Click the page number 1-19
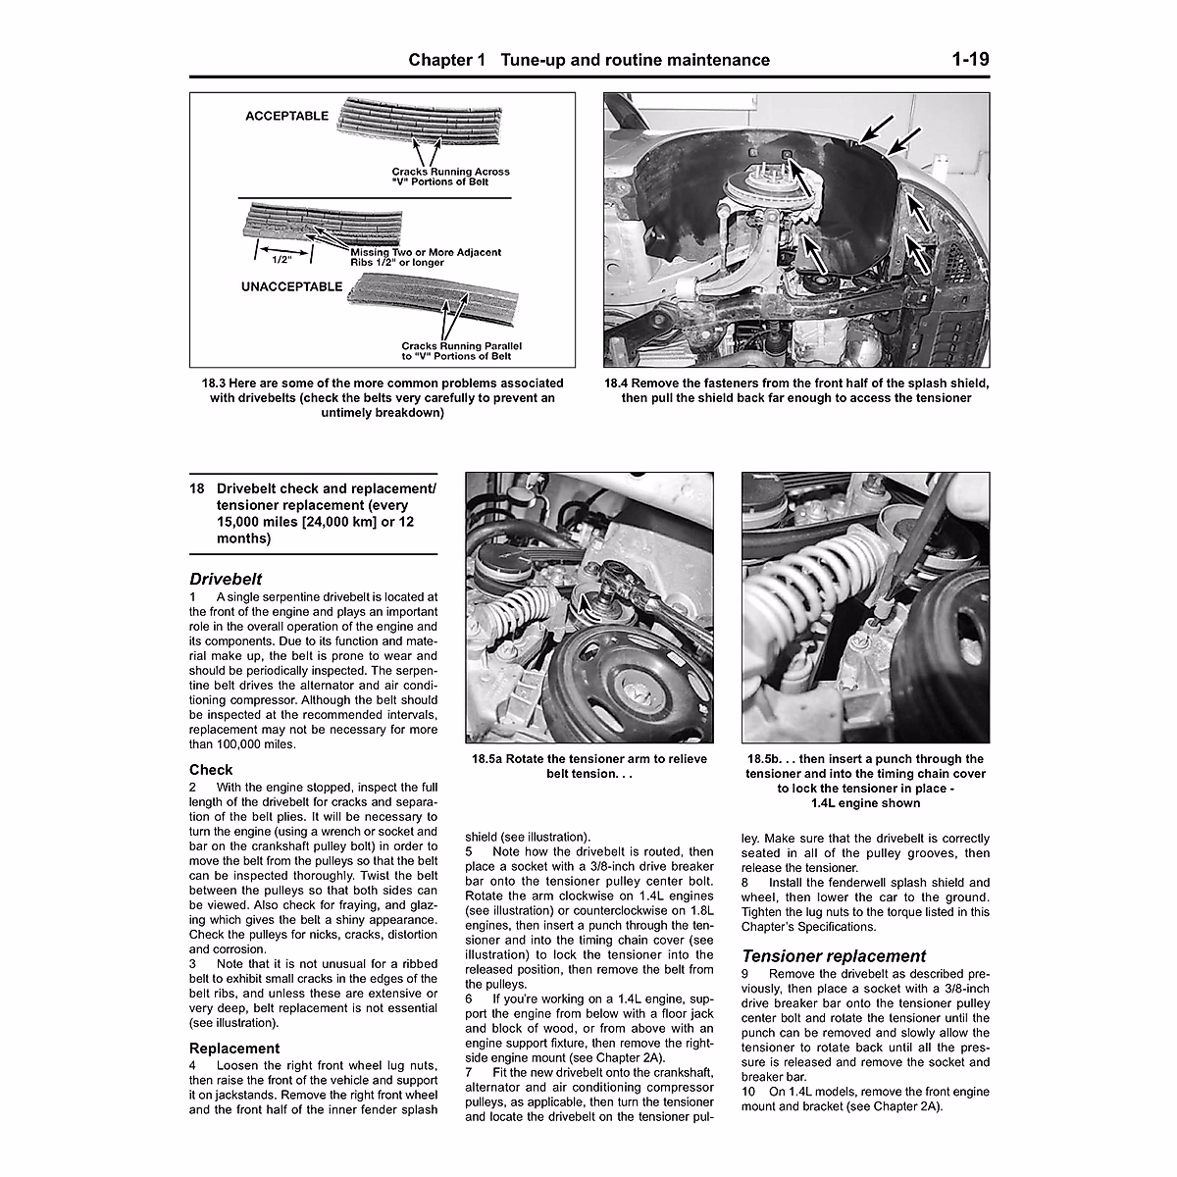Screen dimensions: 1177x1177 tap(969, 60)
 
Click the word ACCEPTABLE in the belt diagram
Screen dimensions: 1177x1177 tap(286, 116)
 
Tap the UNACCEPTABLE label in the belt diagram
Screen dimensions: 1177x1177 tap(291, 287)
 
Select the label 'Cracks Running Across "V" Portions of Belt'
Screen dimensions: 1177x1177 tap(450, 177)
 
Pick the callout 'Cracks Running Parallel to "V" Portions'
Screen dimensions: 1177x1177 tap(461, 352)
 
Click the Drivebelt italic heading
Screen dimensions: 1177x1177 tap(226, 580)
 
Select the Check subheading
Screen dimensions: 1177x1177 tap(211, 769)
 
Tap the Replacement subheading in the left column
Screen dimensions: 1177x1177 tap(234, 1048)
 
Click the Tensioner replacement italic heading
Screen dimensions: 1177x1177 tap(834, 955)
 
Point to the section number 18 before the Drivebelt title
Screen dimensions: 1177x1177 tap(197, 488)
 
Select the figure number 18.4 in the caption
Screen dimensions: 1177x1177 tap(622, 383)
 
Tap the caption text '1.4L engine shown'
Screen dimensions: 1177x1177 tap(865, 803)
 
